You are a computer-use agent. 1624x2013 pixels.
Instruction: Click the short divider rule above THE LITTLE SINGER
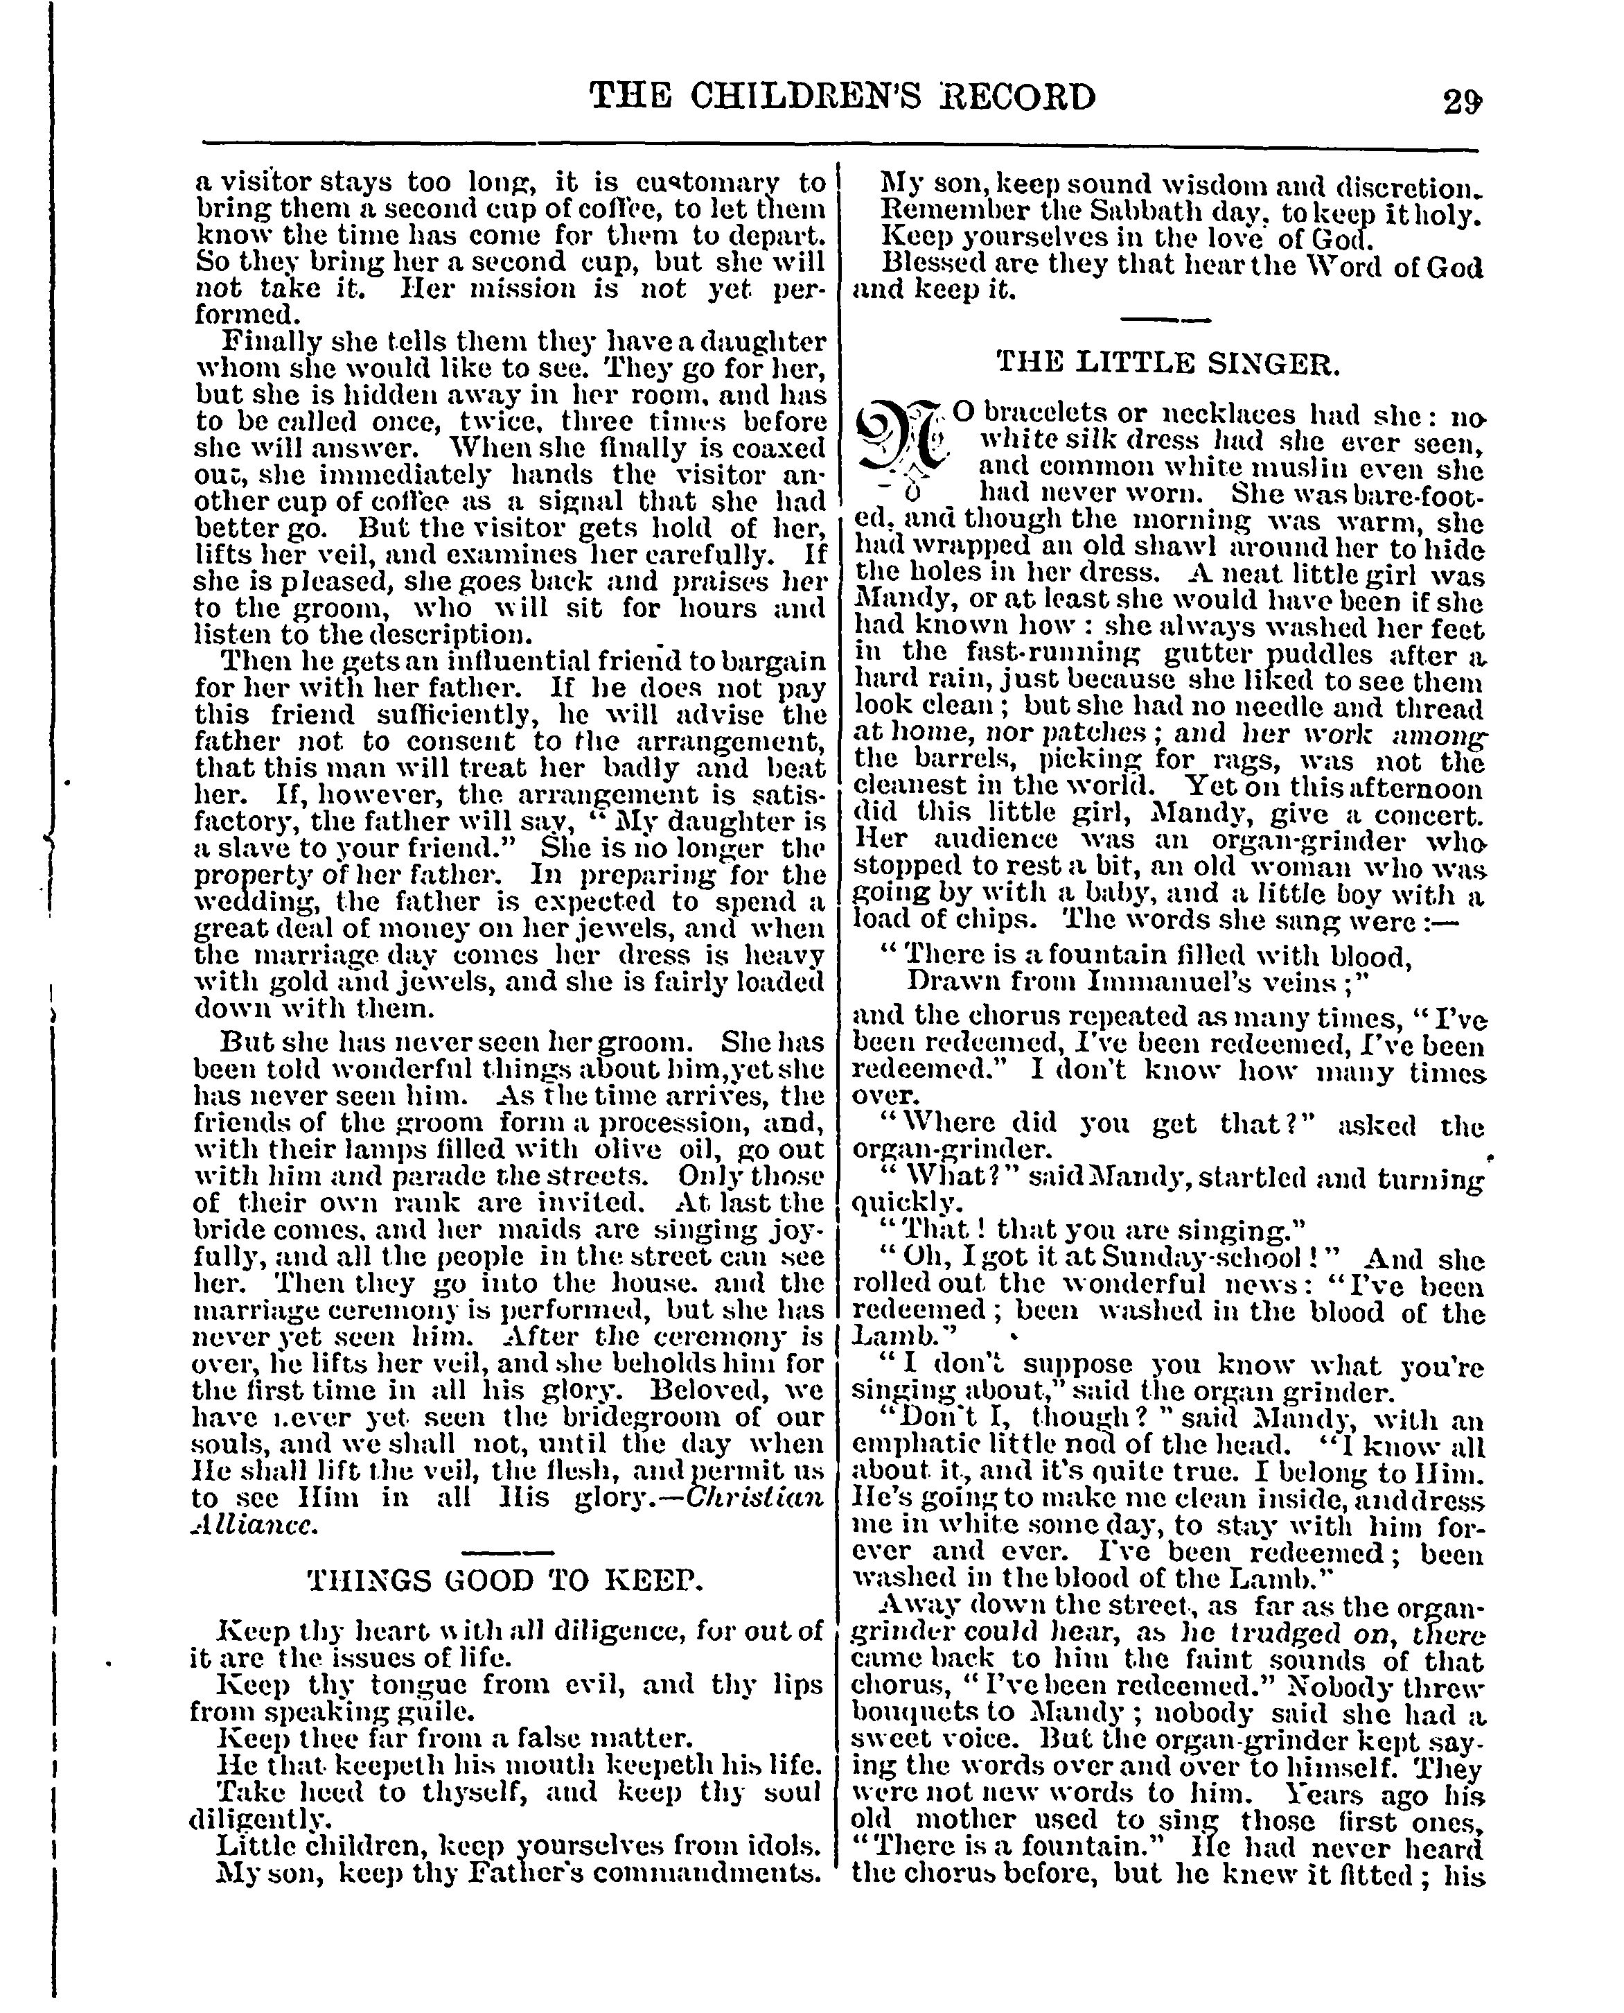click(1165, 320)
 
